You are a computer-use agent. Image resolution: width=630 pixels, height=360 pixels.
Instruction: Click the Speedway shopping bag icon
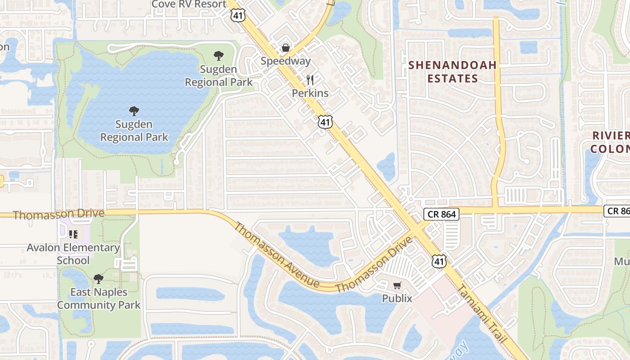[285, 48]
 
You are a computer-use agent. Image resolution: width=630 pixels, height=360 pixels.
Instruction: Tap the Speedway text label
[285, 61]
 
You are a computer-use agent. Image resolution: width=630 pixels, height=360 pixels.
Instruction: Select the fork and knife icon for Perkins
[310, 80]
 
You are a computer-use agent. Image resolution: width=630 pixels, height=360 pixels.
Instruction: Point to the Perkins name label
[310, 93]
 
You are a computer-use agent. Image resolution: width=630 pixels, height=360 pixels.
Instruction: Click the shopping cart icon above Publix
[397, 285]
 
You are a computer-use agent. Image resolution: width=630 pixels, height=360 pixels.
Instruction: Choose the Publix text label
[397, 298]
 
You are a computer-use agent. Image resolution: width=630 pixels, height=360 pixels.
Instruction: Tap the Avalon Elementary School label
[73, 254]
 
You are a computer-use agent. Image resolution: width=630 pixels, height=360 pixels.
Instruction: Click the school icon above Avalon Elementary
[73, 234]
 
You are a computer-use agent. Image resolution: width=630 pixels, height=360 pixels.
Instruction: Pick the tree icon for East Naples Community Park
[98, 279]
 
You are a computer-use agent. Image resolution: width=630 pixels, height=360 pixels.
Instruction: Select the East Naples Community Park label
[99, 298]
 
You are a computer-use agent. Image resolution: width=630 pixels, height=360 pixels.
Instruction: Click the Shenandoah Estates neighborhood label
[452, 72]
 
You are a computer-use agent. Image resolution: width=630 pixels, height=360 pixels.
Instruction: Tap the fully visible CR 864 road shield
[441, 214]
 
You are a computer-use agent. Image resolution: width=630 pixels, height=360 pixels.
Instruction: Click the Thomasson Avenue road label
[276, 255]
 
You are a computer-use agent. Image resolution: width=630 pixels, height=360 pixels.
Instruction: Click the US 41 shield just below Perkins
[325, 121]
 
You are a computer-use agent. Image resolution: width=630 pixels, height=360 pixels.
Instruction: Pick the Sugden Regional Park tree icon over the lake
[134, 111]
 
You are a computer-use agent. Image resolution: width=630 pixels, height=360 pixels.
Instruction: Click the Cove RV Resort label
[189, 4]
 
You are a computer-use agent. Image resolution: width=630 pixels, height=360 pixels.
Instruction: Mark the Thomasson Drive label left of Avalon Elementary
[58, 214]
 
